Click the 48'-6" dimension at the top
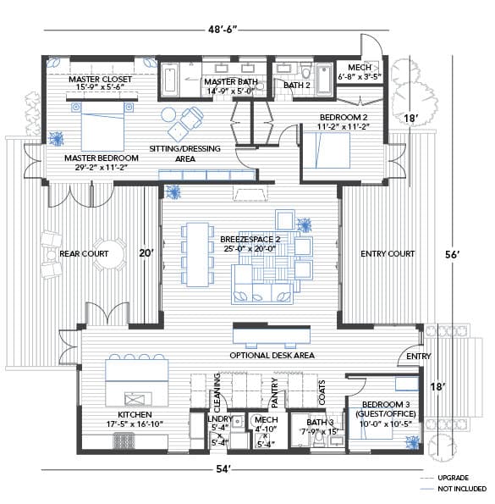coord(223,30)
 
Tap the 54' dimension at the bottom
coord(223,469)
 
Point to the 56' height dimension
coord(452,255)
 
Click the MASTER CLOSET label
coord(100,79)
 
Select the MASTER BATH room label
coord(231,82)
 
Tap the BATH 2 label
coord(297,86)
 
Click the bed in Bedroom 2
coord(327,151)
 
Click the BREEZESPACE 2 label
coord(250,240)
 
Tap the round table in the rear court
coord(110,254)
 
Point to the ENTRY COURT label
coord(388,254)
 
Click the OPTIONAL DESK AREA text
coord(272,356)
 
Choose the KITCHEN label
coord(135,415)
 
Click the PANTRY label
coord(275,393)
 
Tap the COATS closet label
coord(322,392)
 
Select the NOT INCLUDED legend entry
coord(462,489)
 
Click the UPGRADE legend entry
coord(453,478)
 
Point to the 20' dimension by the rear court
coord(146,253)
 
